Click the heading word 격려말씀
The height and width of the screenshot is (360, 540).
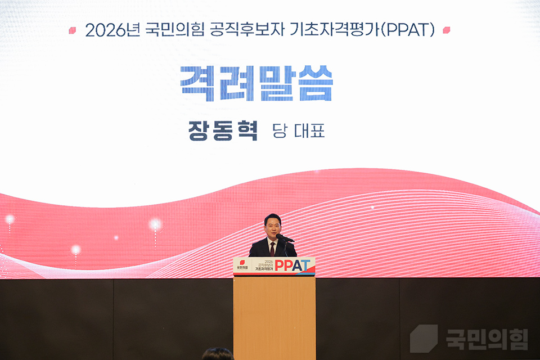coord(256,83)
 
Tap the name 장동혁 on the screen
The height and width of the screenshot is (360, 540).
coord(223,131)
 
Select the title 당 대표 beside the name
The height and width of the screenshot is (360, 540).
coord(298,131)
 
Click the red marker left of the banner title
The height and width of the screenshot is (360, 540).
coord(72,30)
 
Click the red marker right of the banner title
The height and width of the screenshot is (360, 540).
coord(446,30)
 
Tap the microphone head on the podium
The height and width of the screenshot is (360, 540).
coord(280,237)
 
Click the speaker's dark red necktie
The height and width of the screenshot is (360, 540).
coord(273,248)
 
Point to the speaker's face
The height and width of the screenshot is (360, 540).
coord(272,227)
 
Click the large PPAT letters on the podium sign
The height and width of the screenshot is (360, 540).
coord(292,266)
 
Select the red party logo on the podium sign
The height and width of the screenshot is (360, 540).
coord(242,262)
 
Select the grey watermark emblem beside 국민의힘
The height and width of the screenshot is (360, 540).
coord(424,339)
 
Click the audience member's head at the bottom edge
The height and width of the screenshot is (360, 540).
coord(217,354)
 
